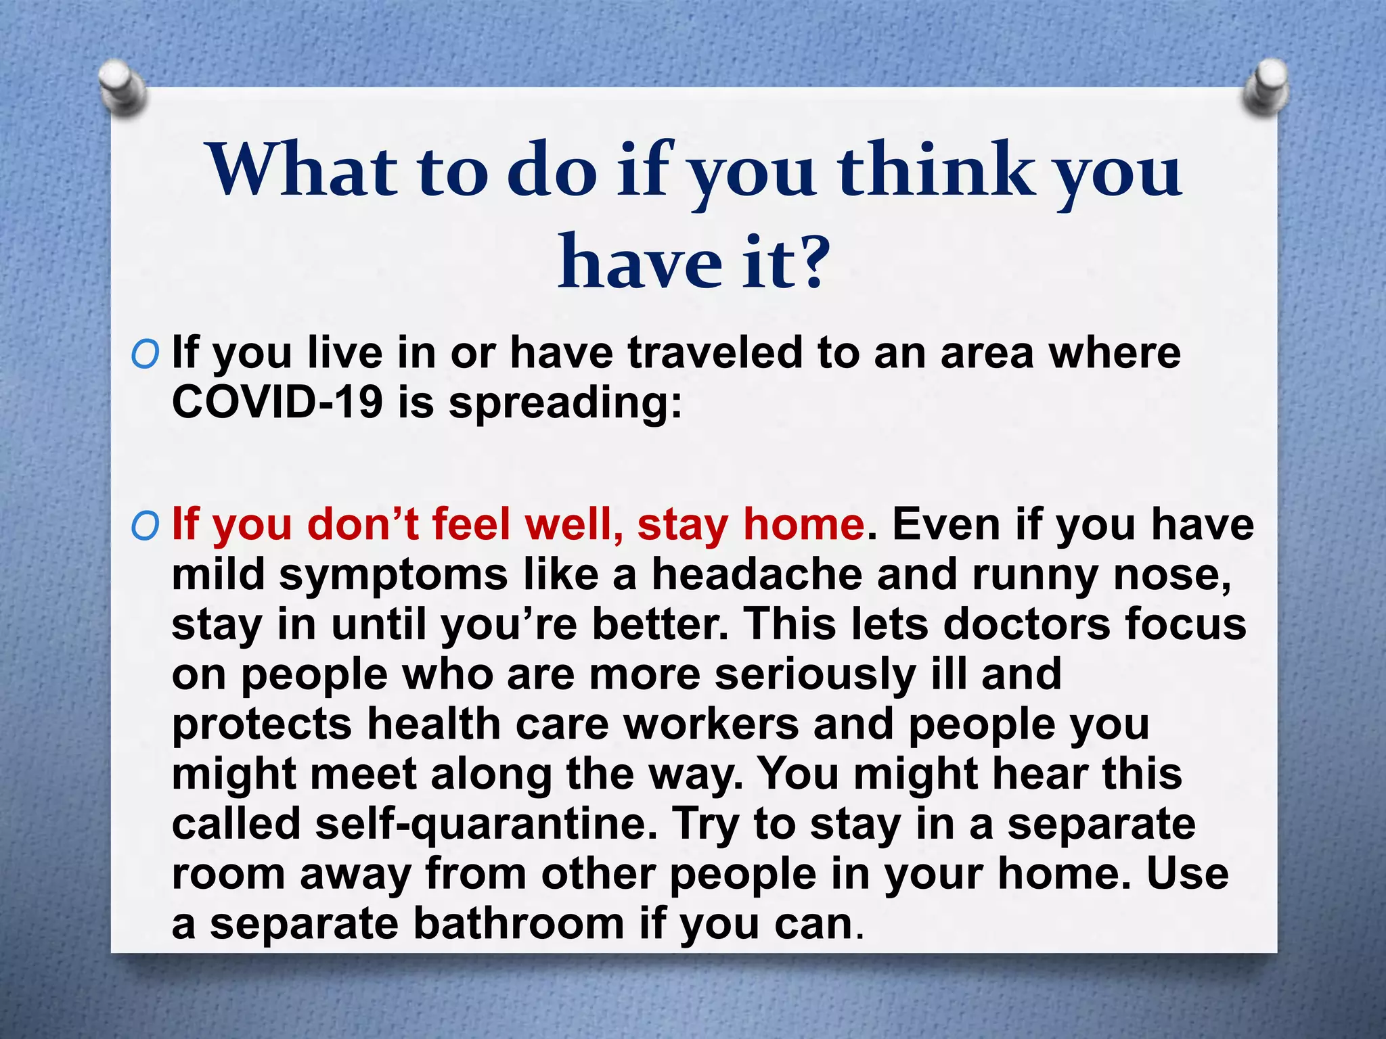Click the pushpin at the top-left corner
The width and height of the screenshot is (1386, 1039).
pos(122,88)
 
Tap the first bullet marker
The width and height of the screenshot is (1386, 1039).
pos(145,354)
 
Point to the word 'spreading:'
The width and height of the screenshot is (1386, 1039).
pos(565,404)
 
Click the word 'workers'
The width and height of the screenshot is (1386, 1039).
pos(711,724)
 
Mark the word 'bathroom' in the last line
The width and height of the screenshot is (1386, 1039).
pos(518,924)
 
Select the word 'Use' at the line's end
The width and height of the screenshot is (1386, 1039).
pos(1188,873)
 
